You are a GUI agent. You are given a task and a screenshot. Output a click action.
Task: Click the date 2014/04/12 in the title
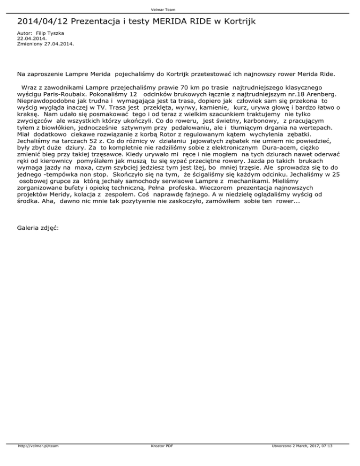(x=42, y=22)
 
